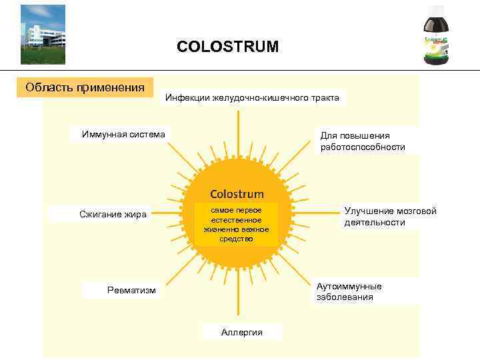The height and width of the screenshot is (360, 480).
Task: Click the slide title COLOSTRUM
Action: tap(227, 47)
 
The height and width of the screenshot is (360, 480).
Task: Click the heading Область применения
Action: tap(85, 87)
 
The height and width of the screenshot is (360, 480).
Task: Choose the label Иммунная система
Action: tap(123, 134)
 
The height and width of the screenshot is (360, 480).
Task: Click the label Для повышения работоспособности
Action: tap(363, 141)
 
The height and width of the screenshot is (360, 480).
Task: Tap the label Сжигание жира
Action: tap(113, 214)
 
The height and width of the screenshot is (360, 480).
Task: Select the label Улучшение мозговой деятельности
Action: tap(390, 217)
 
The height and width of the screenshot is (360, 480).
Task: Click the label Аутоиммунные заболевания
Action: tap(349, 291)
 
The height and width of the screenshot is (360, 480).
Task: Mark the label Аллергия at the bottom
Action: tap(241, 332)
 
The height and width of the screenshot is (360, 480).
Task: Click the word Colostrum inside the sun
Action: tap(237, 194)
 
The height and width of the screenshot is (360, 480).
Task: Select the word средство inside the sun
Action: tap(237, 239)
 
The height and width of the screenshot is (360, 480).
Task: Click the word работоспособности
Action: tap(363, 147)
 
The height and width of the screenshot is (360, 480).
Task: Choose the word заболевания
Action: tap(345, 297)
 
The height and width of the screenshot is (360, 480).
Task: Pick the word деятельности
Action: tap(374, 223)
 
